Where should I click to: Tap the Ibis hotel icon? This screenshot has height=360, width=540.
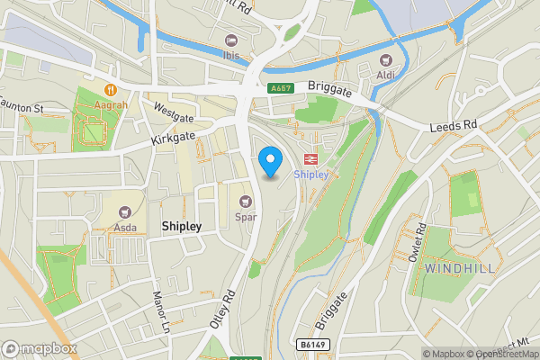[232, 40]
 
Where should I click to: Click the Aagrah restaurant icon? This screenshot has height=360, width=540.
[112, 89]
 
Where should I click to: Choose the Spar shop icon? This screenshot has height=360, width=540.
[246, 201]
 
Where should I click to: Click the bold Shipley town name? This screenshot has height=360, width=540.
[181, 226]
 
